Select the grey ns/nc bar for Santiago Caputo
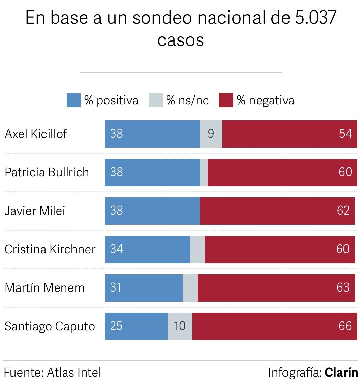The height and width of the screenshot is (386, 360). pyautogui.click(x=180, y=326)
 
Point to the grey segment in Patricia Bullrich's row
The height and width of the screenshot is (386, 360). pyautogui.click(x=204, y=172)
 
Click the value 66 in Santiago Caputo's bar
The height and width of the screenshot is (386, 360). pyautogui.click(x=345, y=326)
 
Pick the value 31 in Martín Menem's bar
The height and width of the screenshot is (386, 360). pyautogui.click(x=116, y=288)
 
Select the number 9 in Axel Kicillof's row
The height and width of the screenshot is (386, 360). pyautogui.click(x=211, y=134)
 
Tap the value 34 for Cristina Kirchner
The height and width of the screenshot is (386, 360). pyautogui.click(x=116, y=249)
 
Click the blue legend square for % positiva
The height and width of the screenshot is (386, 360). pyautogui.click(x=73, y=100)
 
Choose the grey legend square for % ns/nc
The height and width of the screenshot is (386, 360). pyautogui.click(x=155, y=100)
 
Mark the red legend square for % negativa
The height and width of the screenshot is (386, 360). pyautogui.click(x=226, y=100)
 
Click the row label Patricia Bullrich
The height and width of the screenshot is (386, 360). pyautogui.click(x=47, y=172)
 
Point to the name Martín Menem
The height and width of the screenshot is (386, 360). pyautogui.click(x=44, y=288)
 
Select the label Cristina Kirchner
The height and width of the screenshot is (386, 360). pyautogui.click(x=50, y=249)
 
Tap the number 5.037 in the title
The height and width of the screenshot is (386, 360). pyautogui.click(x=316, y=18)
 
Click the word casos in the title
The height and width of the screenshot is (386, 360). pyautogui.click(x=180, y=40)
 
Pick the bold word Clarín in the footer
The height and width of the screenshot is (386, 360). pyautogui.click(x=341, y=373)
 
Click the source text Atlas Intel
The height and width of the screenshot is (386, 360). pyautogui.click(x=74, y=373)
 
